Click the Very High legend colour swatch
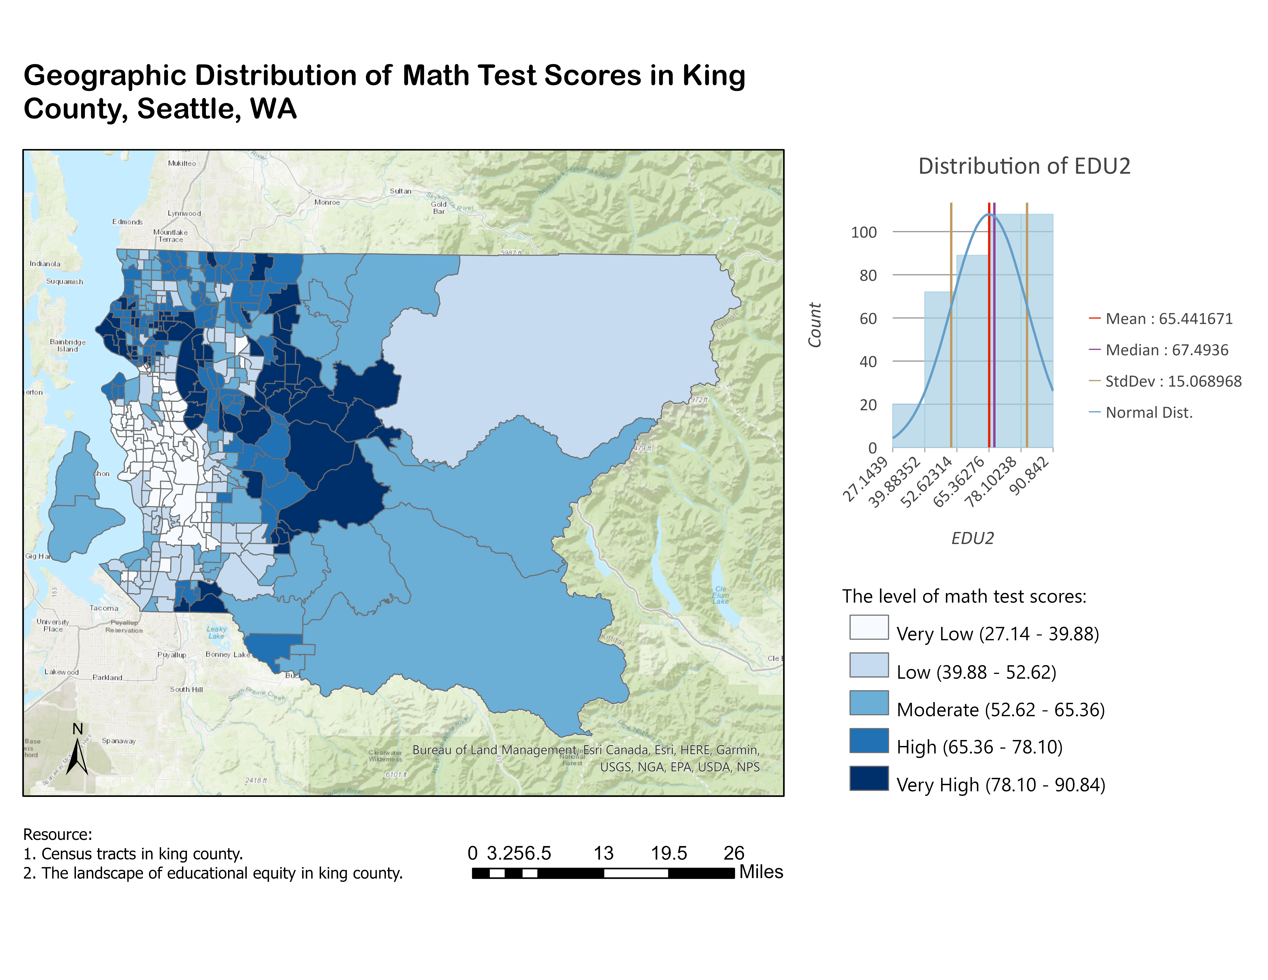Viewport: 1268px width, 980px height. [869, 779]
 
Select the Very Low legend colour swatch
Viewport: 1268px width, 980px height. [869, 627]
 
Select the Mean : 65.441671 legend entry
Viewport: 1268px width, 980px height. [1168, 319]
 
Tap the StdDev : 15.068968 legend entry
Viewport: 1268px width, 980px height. [1173, 381]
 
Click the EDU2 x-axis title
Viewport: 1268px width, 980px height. [973, 538]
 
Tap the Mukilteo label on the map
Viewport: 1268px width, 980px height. [182, 163]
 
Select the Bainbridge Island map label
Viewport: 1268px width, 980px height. [67, 345]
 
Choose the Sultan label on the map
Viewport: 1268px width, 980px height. [400, 191]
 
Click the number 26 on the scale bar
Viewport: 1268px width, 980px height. [733, 853]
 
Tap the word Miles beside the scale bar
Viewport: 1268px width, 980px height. [761, 872]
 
